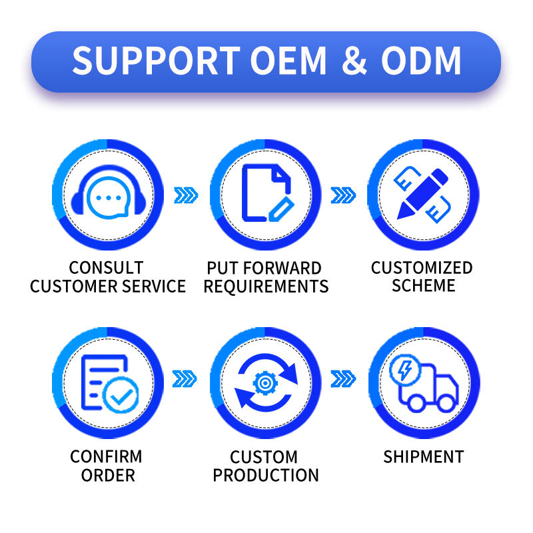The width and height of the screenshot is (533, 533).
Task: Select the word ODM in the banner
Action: click(421, 61)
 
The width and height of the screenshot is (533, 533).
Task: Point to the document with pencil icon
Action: click(266, 195)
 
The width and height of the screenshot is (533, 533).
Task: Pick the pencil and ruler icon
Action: click(424, 194)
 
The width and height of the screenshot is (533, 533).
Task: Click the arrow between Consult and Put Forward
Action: click(186, 195)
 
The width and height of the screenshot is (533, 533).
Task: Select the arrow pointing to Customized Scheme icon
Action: click(344, 195)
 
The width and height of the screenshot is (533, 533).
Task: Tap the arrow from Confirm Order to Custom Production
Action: click(186, 380)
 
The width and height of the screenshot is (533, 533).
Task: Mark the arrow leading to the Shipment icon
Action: click(344, 380)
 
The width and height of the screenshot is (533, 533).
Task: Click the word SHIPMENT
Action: click(424, 457)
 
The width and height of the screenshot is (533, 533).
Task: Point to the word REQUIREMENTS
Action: click(266, 286)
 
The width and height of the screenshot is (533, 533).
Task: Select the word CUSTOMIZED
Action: click(422, 268)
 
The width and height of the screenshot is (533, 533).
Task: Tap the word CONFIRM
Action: click(107, 457)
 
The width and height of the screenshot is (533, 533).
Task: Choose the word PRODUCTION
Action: click(266, 476)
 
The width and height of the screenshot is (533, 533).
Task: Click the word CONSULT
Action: click(107, 268)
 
